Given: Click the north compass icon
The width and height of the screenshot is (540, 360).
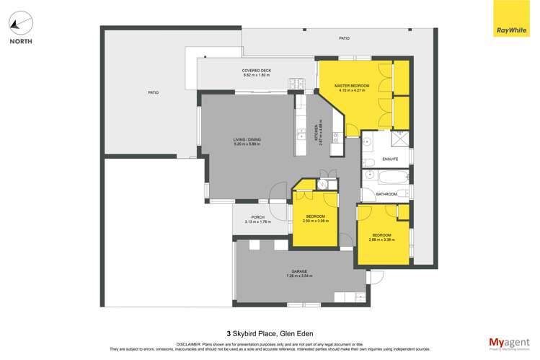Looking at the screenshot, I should coord(19,24).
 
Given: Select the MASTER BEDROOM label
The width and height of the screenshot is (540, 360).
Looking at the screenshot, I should coord(352,86).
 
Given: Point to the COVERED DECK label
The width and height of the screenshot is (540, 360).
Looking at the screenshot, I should coord(256,71).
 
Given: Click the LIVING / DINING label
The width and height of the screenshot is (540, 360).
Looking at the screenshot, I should coord(246,140).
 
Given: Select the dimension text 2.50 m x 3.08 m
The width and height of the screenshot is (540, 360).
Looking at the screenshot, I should coord(316,221).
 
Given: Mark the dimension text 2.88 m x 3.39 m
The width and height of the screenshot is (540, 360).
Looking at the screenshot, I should coord(381,241).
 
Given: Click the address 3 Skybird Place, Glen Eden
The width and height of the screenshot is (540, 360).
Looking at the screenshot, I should coord(270,333).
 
